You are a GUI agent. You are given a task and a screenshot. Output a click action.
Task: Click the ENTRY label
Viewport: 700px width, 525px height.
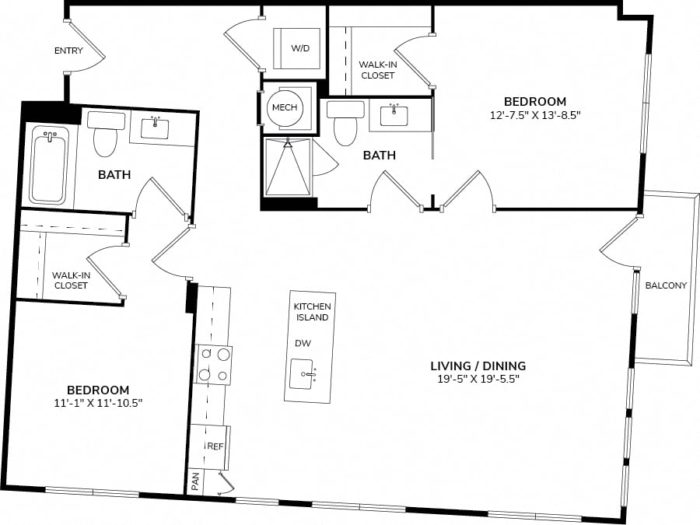click(68, 51)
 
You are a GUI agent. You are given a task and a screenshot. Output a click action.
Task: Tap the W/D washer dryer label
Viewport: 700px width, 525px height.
click(300, 48)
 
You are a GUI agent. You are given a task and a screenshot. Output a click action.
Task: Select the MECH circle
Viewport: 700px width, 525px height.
click(285, 107)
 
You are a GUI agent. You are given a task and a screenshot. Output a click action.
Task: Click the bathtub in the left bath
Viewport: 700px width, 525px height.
click(49, 165)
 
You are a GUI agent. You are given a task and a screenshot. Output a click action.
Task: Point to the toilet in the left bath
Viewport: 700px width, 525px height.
click(105, 134)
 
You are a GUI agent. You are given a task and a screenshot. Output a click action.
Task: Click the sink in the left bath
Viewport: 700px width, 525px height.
click(155, 128)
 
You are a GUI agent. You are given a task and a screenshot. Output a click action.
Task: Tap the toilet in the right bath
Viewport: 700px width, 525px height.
click(345, 123)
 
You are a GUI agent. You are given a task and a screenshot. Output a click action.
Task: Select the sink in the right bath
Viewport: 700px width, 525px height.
click(394, 115)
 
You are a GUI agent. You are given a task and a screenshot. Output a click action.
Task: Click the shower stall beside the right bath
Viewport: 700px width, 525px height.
click(288, 167)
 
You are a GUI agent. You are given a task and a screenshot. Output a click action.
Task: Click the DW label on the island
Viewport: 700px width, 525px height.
click(303, 343)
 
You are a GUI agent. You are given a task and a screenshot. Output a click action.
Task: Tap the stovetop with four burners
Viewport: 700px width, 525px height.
click(214, 366)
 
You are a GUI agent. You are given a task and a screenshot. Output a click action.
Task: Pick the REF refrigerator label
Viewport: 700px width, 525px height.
click(215, 446)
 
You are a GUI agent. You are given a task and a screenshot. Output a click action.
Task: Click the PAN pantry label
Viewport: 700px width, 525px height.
click(195, 481)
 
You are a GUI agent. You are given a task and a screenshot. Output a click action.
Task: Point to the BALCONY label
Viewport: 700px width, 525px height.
click(666, 285)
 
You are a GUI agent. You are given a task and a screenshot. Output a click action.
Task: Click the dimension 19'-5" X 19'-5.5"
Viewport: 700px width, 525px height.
click(478, 380)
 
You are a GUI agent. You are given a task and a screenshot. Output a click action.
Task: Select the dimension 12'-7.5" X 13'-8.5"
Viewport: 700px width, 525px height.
click(535, 115)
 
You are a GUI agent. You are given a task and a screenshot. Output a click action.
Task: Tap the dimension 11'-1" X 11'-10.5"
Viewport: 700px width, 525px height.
click(98, 403)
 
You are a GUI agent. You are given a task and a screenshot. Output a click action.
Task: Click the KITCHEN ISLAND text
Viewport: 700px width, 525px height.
click(313, 312)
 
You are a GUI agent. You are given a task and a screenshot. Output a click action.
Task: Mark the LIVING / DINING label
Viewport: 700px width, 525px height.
click(478, 366)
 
